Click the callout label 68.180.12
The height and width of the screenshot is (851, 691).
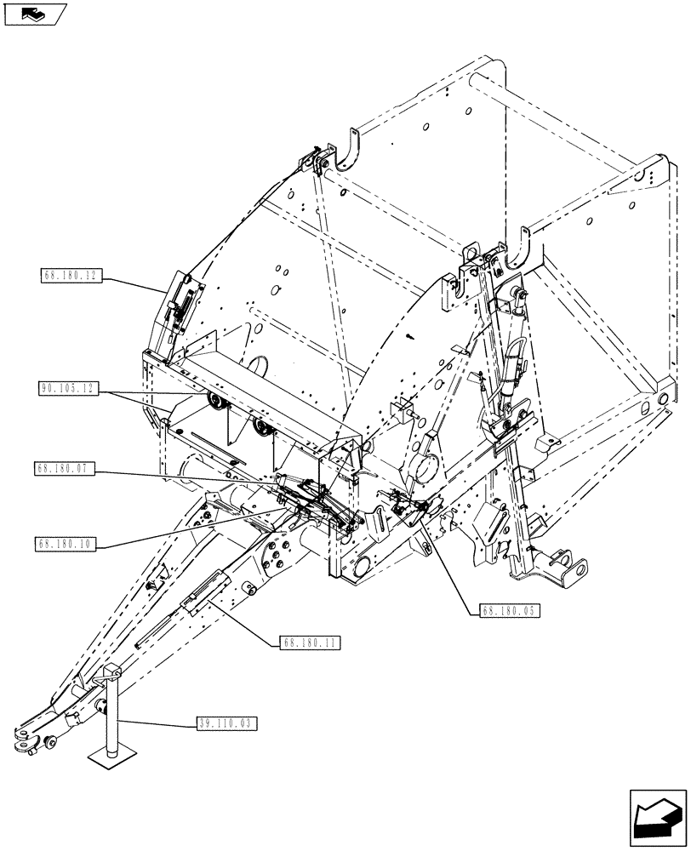71,275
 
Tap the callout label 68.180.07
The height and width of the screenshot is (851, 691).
66,468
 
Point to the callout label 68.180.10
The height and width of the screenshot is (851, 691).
66,542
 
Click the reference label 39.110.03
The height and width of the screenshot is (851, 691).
226,724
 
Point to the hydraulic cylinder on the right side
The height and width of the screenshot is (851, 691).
513,357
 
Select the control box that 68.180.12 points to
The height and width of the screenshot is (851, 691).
180,306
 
